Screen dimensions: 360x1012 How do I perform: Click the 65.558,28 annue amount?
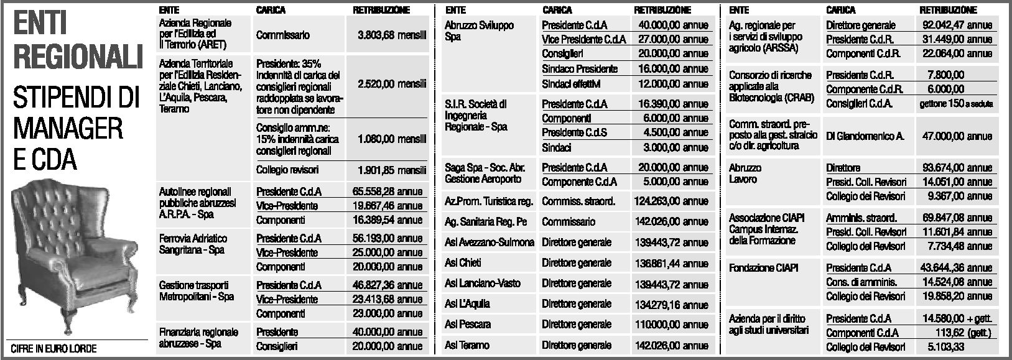point(384,192)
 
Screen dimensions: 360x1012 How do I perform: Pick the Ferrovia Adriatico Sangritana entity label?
point(193,244)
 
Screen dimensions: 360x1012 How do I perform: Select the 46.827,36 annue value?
point(384,285)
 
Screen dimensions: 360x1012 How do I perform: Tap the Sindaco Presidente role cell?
point(580,69)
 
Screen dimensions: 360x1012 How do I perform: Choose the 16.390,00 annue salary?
point(672,104)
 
